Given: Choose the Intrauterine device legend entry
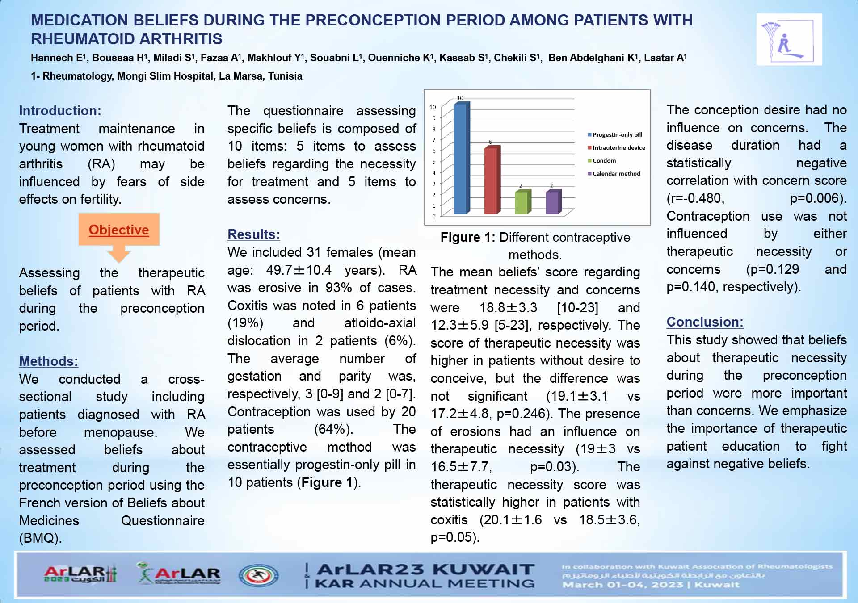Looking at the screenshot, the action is click(616, 147).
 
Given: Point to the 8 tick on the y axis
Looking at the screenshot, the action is click(433, 129).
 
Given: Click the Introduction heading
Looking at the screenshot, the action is click(60, 111).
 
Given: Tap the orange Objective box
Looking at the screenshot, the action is click(119, 230).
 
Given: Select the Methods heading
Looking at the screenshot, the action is click(48, 361).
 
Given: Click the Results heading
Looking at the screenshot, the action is click(253, 234).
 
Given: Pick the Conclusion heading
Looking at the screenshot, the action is click(705, 322).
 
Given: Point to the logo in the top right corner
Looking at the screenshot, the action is click(789, 39).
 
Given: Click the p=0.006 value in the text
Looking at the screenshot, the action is click(818, 198).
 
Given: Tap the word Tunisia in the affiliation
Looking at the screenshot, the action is click(285, 76).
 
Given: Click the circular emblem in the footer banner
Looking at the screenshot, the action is click(258, 575).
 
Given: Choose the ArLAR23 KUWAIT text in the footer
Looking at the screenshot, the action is click(425, 569).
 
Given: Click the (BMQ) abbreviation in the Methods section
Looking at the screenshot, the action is click(40, 538).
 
